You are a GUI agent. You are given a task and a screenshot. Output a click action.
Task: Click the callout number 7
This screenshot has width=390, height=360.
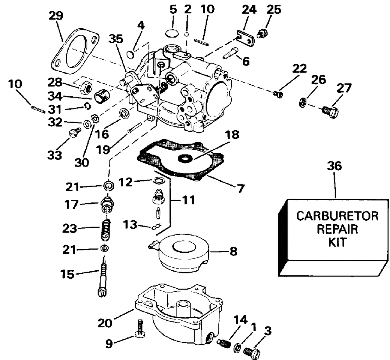point(240,189)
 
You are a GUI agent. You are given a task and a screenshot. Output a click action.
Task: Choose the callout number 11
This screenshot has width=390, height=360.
point(189,201)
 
